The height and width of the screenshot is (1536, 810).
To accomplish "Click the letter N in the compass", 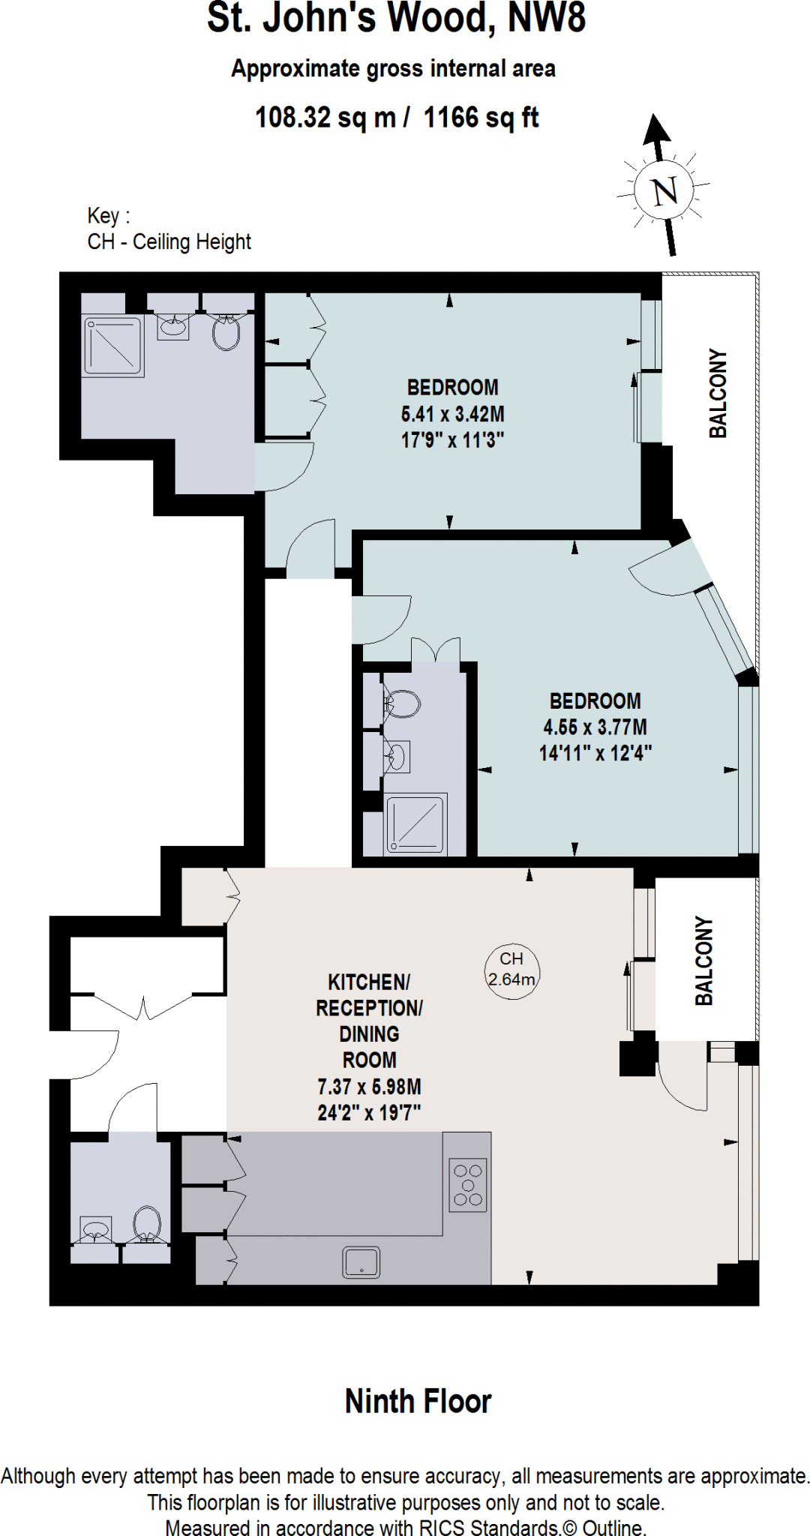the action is [x=665, y=191].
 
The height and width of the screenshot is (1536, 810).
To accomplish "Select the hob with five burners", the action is [x=468, y=1185].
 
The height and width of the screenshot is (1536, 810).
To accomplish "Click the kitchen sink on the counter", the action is [x=361, y=1262].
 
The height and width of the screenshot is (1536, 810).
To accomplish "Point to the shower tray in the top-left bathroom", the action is [x=113, y=346].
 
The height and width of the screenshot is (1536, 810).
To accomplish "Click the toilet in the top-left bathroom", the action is [x=226, y=331].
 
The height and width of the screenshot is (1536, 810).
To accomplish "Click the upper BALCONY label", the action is [x=718, y=393].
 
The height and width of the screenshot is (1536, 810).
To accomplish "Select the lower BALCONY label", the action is [x=703, y=961].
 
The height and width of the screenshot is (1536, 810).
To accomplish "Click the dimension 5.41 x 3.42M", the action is [x=452, y=414].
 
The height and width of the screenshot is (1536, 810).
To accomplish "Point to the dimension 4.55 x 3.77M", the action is [x=595, y=727].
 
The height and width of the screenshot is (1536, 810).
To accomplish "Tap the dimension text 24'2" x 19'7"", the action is [x=369, y=1113].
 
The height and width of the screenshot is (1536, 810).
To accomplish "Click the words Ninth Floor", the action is [x=418, y=1401].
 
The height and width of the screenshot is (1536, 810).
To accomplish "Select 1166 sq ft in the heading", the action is [x=481, y=118].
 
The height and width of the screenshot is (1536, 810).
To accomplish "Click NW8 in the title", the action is [x=547, y=18].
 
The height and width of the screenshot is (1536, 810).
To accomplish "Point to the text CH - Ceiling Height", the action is [x=169, y=242].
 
